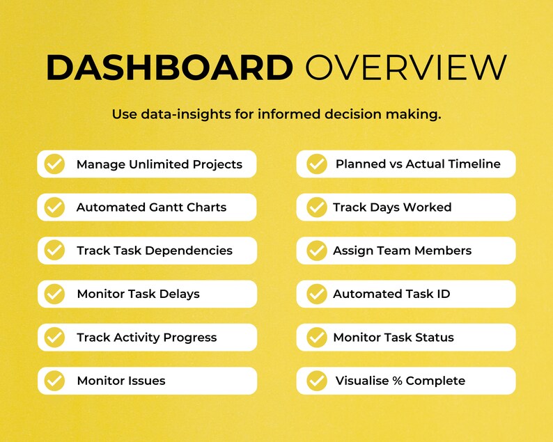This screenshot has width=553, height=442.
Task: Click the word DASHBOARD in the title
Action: coord(169,68)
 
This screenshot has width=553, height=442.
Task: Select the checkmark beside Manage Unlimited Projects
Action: coord(54,164)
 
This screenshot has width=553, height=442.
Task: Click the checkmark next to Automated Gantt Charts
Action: coord(54,207)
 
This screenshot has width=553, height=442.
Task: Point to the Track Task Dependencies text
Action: coord(154,251)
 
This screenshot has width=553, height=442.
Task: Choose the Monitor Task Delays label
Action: coord(138,294)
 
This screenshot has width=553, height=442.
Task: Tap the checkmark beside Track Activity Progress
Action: coord(54,338)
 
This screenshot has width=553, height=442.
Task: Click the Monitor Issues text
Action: coord(120,381)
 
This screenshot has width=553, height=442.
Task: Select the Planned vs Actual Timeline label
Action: coord(418,164)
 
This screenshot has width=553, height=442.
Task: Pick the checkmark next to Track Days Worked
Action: coord(317,207)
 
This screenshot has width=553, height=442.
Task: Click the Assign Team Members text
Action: coord(402,251)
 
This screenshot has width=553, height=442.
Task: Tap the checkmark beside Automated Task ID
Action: coord(317,294)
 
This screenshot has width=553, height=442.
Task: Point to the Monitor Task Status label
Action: coord(393,338)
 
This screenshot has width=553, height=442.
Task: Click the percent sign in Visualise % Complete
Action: coord(397,381)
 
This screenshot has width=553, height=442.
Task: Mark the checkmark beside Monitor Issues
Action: coord(54,381)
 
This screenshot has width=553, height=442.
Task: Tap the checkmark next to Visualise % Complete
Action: coord(317,381)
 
